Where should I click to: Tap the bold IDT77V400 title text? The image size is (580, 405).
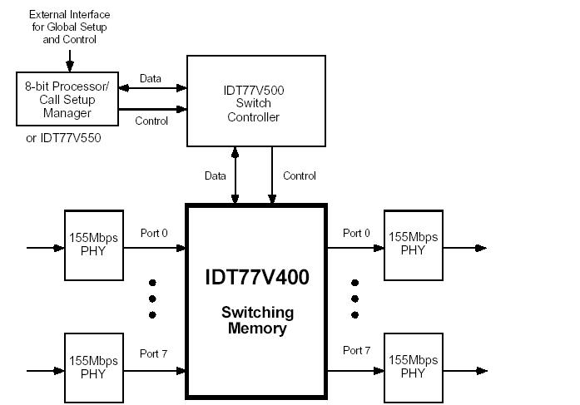pyautogui.click(x=256, y=277)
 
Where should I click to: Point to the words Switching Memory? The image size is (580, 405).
pyautogui.click(x=257, y=320)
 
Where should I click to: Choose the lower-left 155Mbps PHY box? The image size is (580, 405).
pyautogui.click(x=93, y=367)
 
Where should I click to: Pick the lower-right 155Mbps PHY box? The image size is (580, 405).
pyautogui.click(x=413, y=367)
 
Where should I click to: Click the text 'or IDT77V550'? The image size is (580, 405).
pyautogui.click(x=64, y=138)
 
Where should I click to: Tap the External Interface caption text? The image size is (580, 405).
pyautogui.click(x=70, y=27)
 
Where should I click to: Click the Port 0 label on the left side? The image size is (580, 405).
pyautogui.click(x=154, y=233)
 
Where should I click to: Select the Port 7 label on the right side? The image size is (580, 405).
pyautogui.click(x=357, y=351)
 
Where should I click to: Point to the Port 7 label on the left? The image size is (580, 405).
pyautogui.click(x=154, y=353)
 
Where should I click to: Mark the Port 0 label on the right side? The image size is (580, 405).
pyautogui.click(x=357, y=233)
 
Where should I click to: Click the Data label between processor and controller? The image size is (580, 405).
pyautogui.click(x=151, y=79)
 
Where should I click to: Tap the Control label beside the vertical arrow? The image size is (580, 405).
pyautogui.click(x=300, y=175)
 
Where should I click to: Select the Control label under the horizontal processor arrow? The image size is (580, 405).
pyautogui.click(x=151, y=121)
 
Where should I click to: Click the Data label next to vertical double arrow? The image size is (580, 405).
pyautogui.click(x=216, y=175)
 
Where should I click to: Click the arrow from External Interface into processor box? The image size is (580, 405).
pyautogui.click(x=70, y=61)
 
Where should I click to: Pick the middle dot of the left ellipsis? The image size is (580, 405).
pyautogui.click(x=153, y=299)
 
